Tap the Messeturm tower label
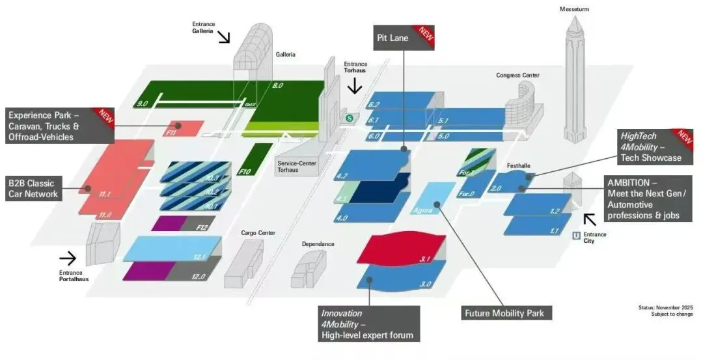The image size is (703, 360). tap(573, 8)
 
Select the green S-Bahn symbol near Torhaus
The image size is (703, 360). tap(350, 118)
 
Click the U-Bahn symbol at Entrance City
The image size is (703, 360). tap(576, 236)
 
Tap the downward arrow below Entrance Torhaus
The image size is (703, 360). tap(355, 85)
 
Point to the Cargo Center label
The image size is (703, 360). tap(258, 232)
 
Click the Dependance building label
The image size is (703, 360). tap(318, 244)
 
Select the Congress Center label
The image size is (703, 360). tap(517, 76)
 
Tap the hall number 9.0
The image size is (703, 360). tap(143, 103)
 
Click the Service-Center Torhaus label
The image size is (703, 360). tap(297, 167)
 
